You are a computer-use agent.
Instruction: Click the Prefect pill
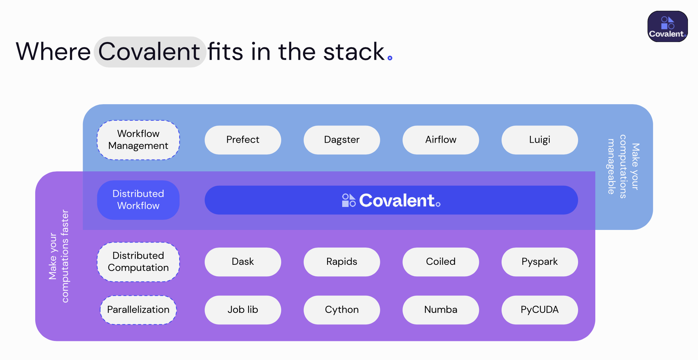tap(243, 140)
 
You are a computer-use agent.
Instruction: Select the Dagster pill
tap(342, 140)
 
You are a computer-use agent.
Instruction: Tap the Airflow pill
tap(441, 140)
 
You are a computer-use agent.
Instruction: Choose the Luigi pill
tap(540, 140)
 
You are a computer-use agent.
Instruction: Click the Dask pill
tap(243, 262)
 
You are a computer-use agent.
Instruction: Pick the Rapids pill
tap(342, 262)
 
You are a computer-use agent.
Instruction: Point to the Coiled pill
tap(441, 262)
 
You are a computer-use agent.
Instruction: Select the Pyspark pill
tap(540, 262)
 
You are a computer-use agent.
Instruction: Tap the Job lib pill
tap(243, 310)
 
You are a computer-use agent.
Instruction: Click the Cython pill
tap(342, 310)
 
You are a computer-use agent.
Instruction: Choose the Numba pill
tap(441, 310)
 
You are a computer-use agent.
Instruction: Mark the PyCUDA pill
tap(540, 310)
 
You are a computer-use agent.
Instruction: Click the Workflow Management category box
tap(138, 140)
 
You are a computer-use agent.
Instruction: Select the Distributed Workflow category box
tap(138, 200)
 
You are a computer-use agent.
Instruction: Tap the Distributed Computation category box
tap(138, 262)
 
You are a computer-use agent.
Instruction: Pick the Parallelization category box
tap(138, 310)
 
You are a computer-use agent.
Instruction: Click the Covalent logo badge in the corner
tap(667, 26)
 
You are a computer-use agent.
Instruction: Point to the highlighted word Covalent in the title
tap(149, 52)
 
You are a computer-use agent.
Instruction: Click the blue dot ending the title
tap(390, 58)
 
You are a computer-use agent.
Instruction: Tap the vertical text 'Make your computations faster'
tap(59, 256)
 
